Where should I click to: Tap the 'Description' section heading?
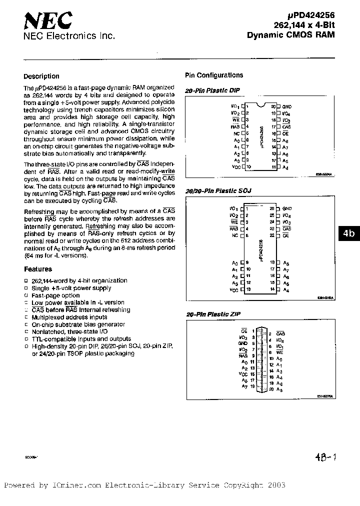[41, 76]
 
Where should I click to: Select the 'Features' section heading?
[38, 269]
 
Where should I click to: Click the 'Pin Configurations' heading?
[214, 75]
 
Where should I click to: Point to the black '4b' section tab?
[349, 233]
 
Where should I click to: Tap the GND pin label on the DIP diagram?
[286, 106]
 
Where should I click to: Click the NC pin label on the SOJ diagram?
[235, 235]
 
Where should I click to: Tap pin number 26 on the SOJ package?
[272, 208]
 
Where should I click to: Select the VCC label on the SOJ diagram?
[234, 289]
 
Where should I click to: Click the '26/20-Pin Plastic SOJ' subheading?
[218, 191]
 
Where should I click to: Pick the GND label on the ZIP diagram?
[243, 343]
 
